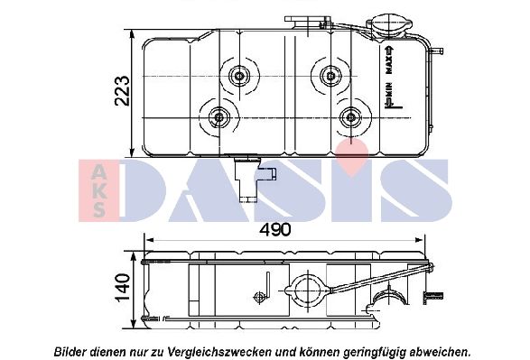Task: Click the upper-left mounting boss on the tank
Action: click(240, 76)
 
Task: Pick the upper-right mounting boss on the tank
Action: click(328, 76)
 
